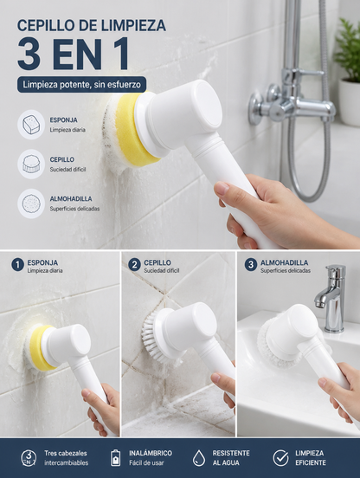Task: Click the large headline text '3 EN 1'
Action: (73, 55)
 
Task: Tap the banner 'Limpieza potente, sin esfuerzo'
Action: (81, 85)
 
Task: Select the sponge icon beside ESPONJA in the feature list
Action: (31, 125)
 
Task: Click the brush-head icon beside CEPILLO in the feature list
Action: (31, 164)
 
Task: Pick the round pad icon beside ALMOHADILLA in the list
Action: (31, 203)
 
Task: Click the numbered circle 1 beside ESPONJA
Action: (17, 265)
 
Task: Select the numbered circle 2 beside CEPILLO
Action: (134, 265)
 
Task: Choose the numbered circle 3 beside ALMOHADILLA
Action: (251, 265)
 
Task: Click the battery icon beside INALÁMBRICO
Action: (115, 457)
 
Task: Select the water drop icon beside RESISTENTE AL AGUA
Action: (198, 458)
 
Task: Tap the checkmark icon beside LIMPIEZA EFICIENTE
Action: (280, 457)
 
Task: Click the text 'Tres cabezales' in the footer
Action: (66, 453)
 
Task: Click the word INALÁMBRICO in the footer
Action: (151, 453)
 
